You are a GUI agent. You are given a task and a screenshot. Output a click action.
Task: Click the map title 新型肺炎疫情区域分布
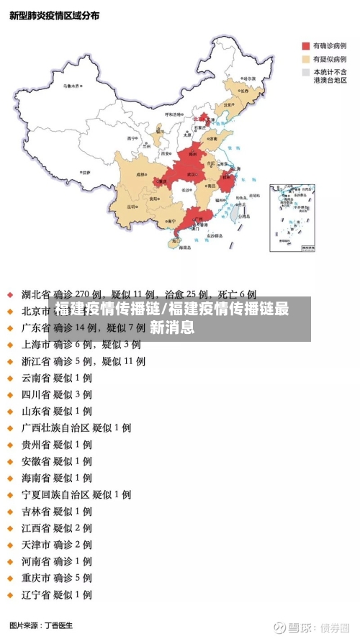pos(55,15)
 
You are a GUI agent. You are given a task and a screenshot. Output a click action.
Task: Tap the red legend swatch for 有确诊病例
pos(305,45)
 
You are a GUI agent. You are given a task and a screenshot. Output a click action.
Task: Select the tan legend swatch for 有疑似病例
pos(305,59)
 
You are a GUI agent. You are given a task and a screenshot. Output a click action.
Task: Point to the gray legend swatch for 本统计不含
pos(305,72)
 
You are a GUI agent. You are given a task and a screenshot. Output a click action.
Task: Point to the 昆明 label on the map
pos(132,207)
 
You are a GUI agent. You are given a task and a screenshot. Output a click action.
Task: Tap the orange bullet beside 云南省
pos(10,378)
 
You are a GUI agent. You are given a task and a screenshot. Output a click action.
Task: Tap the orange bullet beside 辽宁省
pos(10,595)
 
